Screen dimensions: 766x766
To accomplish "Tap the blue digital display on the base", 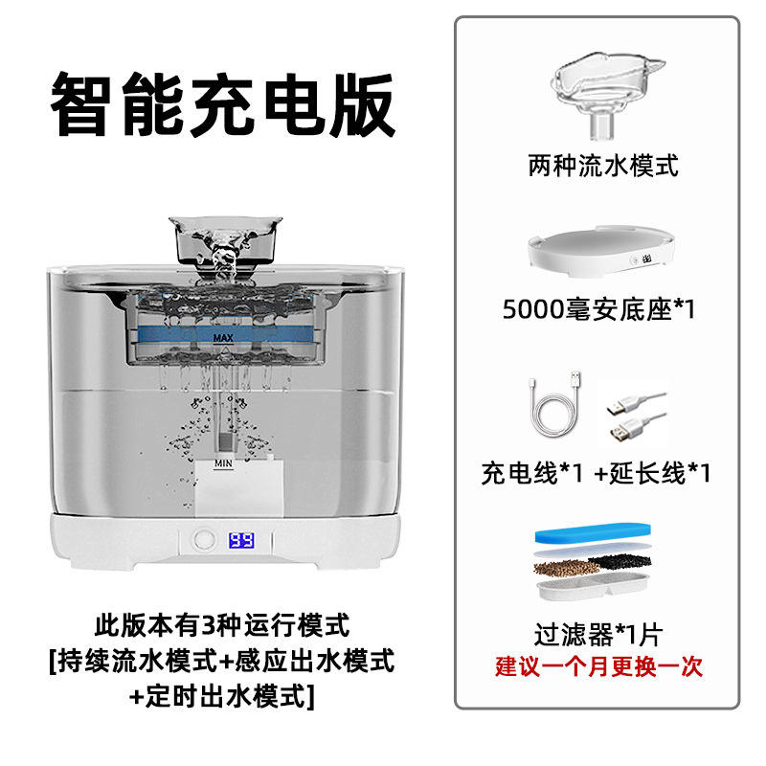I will pos(240,541).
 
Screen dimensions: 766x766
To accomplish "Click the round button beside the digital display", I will pos(204,541).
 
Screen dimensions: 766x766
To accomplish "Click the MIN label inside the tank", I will pos(224,462).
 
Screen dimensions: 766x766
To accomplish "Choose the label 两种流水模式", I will pos(602,167).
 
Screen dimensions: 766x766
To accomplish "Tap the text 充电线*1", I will pos(530,473).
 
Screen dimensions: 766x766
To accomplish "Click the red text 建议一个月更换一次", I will pos(598,665).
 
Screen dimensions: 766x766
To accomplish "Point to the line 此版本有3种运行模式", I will pos(222,627).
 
